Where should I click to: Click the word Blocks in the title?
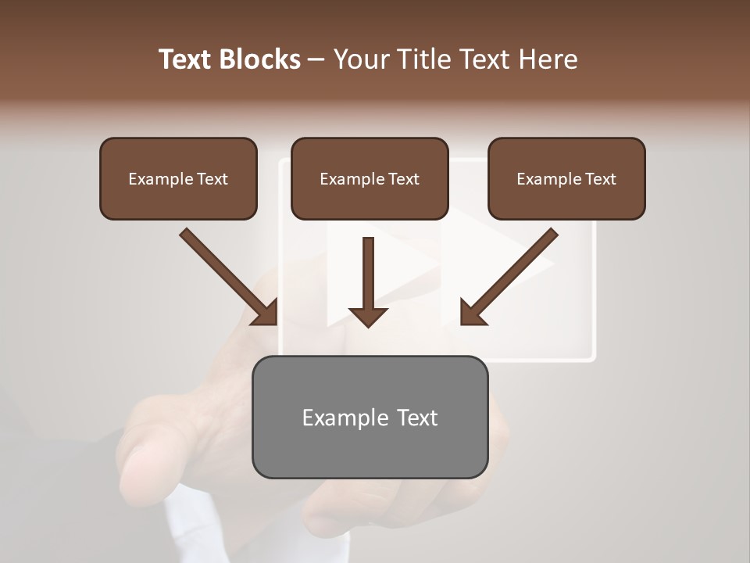261,59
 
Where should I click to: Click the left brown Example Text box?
178,178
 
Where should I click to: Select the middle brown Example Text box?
370,178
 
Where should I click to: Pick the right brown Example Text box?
566,178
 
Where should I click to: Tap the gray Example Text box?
370,418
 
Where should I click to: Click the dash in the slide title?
316,60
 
